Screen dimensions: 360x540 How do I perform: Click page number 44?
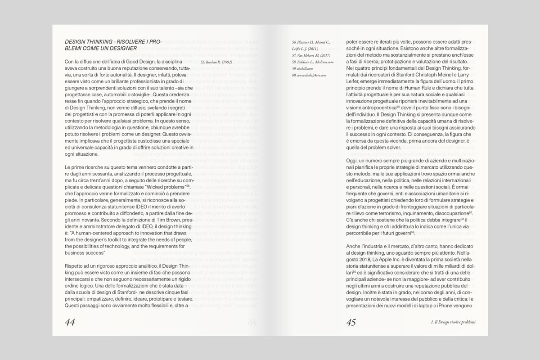tap(70, 322)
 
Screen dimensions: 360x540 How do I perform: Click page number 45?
tap(351, 322)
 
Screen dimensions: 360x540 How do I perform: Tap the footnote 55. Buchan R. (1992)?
tap(216, 62)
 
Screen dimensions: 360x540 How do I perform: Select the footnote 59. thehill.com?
tap(301, 68)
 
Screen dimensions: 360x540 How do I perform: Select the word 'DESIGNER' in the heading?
tap(120, 48)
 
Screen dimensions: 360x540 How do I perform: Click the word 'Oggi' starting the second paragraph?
tap(352, 174)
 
